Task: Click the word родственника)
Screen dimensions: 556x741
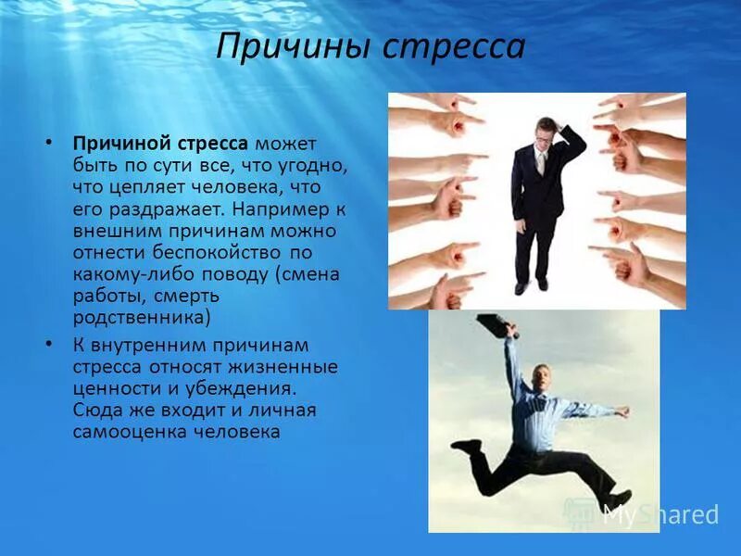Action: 143,318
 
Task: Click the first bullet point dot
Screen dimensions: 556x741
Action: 50,144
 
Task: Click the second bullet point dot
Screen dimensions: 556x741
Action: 50,344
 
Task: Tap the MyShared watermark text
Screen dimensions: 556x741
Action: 659,514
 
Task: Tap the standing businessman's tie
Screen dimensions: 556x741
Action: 541,164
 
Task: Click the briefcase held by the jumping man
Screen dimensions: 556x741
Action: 496,324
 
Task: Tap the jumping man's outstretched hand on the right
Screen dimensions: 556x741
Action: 622,410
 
